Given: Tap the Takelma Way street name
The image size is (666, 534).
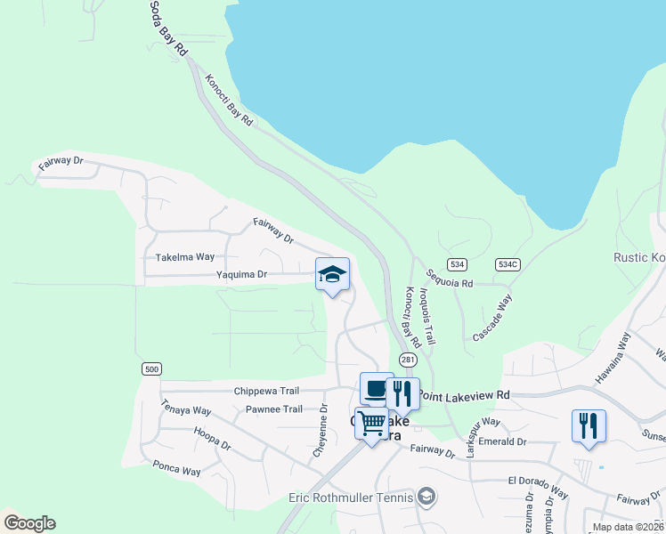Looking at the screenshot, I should coord(185,257).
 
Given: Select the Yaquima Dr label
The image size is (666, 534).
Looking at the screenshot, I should coord(241,275).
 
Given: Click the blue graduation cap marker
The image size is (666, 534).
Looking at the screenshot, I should coord(332,274).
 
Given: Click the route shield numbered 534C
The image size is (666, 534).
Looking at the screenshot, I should coord(508,264).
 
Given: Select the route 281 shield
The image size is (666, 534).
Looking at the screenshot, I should coord(408,360).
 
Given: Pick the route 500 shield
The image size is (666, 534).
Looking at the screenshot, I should coord(150,368).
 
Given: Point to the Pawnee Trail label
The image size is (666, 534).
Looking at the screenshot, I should coord(274,409).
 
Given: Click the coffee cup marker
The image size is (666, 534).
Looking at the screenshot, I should coord(377,389).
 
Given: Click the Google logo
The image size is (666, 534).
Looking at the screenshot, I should coord(29,523).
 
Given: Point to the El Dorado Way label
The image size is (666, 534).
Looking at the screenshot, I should coord(538,487).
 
